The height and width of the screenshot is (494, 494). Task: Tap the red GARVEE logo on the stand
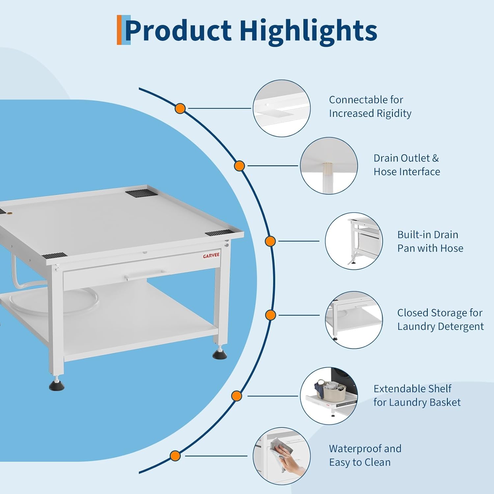tap(211, 256)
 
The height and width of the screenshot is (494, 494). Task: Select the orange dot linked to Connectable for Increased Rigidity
tap(180, 108)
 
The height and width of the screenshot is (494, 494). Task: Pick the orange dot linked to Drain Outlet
tap(239, 166)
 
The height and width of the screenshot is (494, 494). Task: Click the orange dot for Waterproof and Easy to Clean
tap(175, 456)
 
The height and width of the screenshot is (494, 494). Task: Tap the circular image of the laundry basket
tap(329, 396)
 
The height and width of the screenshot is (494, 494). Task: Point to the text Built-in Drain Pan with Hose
tap(430, 241)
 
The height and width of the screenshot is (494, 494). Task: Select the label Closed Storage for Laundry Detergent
tap(440, 319)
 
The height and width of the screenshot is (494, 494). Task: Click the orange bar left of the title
tap(119, 30)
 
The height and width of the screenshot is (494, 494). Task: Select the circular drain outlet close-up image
tap(329, 166)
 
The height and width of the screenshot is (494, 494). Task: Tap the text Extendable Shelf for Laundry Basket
tap(417, 395)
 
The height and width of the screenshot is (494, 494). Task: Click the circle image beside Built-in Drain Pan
tap(354, 241)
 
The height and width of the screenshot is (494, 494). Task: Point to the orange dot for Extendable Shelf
tap(237, 396)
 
